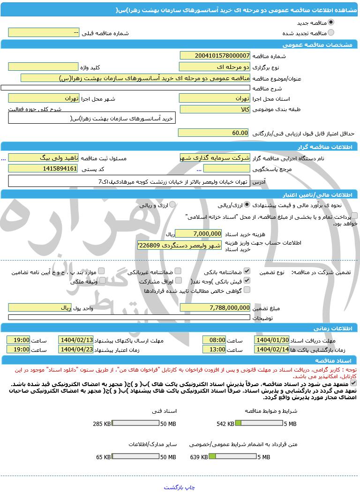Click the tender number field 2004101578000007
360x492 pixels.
click(215, 55)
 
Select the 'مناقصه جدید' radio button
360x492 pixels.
click(331, 22)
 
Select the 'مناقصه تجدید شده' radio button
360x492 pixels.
click(331, 33)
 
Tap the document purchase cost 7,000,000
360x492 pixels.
click(198, 233)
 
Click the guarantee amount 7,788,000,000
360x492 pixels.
click(215, 307)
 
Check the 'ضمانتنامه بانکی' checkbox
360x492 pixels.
click(247, 271)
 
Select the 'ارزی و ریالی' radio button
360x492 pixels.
click(172, 205)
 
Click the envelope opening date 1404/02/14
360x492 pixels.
click(272, 350)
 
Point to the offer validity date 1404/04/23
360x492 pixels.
click(76, 350)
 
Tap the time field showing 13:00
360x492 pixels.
click(214, 350)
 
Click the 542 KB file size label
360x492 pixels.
click(225, 424)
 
